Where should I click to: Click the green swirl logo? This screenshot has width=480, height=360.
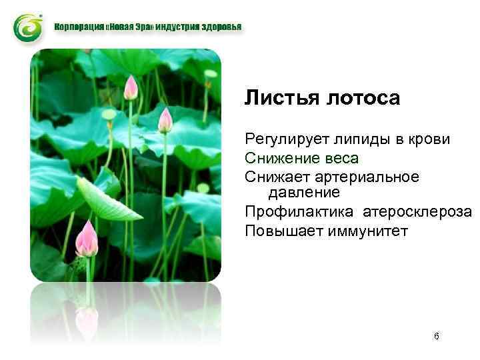[x=27, y=27]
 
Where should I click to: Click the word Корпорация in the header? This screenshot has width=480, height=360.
[x=79, y=28]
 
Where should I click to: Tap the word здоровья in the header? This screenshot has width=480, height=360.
[x=222, y=28]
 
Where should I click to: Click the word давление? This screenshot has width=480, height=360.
[x=303, y=193]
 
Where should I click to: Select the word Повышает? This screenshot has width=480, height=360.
[x=280, y=231]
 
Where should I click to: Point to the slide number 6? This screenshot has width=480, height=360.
[x=436, y=337]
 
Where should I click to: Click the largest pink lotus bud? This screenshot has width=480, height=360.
[x=87, y=239]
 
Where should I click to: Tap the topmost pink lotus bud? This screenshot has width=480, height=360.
[x=131, y=87]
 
